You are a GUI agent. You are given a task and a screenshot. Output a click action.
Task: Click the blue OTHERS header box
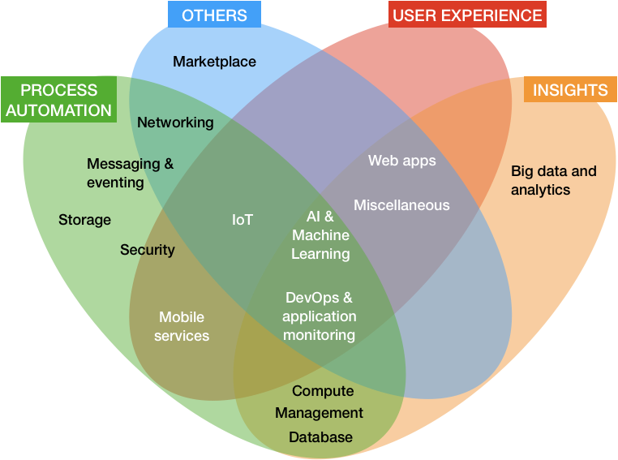tap(214, 14)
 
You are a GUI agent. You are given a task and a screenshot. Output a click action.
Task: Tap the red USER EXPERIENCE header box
tap(467, 14)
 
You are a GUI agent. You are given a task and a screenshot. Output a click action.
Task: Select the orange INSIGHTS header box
tap(570, 89)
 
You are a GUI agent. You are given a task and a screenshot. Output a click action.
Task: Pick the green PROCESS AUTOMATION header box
tap(58, 99)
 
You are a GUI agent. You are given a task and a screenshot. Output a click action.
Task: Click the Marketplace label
tap(214, 62)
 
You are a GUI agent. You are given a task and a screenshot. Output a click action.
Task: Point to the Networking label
tap(175, 123)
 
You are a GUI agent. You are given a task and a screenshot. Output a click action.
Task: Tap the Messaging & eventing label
tap(130, 173)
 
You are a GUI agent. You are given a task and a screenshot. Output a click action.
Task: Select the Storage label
tap(84, 220)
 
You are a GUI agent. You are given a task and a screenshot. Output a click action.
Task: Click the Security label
tap(148, 250)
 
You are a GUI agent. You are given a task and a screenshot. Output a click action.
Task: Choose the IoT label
tap(242, 220)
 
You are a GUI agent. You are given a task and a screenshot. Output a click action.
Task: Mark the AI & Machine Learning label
tap(320, 235)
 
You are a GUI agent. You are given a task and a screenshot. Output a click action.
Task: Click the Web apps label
tap(402, 161)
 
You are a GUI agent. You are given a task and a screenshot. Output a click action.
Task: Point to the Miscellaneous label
tap(401, 205)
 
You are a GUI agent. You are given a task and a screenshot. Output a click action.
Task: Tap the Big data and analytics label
tap(554, 180)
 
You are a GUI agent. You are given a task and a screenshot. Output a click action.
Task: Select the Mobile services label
tap(182, 326)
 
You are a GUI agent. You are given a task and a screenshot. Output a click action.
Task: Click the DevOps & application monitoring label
tap(320, 316)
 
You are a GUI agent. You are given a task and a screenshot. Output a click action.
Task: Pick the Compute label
tap(323, 391)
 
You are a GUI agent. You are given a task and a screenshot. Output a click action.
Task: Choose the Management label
tap(320, 413)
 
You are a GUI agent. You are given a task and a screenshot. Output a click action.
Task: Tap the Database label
tap(321, 437)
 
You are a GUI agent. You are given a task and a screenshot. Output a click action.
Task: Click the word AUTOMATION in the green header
tap(58, 110)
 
